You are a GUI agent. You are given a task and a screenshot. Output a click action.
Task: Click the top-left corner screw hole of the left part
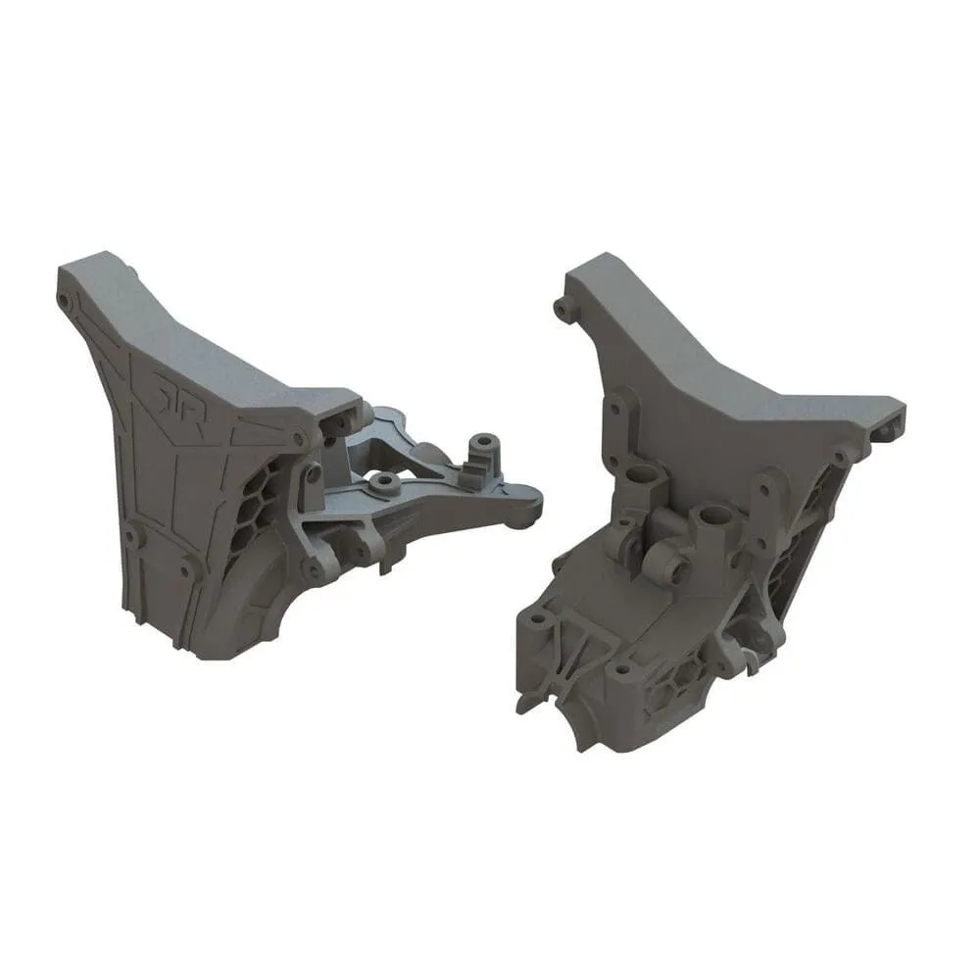(64, 295)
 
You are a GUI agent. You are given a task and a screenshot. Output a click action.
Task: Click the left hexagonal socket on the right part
(642, 479)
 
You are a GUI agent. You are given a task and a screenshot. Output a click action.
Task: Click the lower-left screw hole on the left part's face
(128, 533)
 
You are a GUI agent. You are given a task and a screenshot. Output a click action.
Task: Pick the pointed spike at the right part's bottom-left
(519, 702)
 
